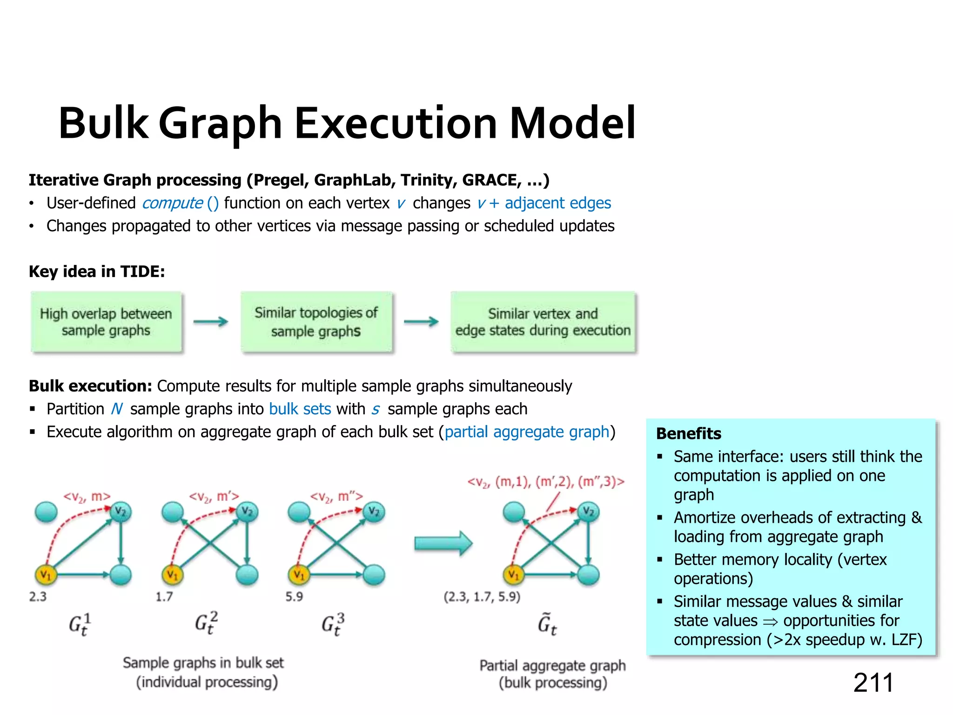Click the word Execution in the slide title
click(x=396, y=123)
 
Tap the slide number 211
click(x=873, y=683)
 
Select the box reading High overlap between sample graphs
click(x=106, y=322)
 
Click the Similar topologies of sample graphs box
click(x=316, y=322)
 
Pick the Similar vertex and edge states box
click(x=543, y=322)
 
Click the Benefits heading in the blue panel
click(x=689, y=434)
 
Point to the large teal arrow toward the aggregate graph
click(x=443, y=543)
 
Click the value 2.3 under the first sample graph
click(x=38, y=597)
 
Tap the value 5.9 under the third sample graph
click(x=294, y=597)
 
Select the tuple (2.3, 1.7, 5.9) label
click(x=482, y=597)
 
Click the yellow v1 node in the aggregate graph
click(x=514, y=575)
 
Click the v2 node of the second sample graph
click(x=247, y=512)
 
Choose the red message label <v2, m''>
click(x=336, y=497)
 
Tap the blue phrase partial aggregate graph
click(x=527, y=432)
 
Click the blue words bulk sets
click(x=300, y=409)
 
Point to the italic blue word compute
click(x=172, y=203)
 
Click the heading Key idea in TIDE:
click(x=97, y=271)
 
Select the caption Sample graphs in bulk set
click(x=203, y=663)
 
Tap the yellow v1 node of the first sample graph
click(x=46, y=575)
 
